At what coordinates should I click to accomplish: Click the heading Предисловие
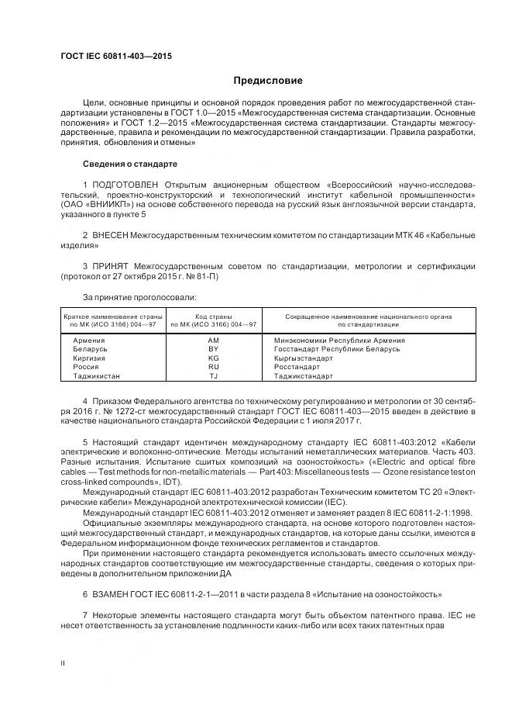268,81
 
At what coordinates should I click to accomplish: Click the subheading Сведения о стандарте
129,164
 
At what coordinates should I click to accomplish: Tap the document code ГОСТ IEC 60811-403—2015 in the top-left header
115,57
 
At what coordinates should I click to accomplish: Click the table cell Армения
89,341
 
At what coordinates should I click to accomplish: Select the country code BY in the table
214,349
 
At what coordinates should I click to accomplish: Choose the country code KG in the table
214,358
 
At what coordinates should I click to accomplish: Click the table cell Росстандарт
300,367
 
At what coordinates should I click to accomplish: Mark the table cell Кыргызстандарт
308,358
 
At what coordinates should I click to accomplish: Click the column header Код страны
215,316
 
